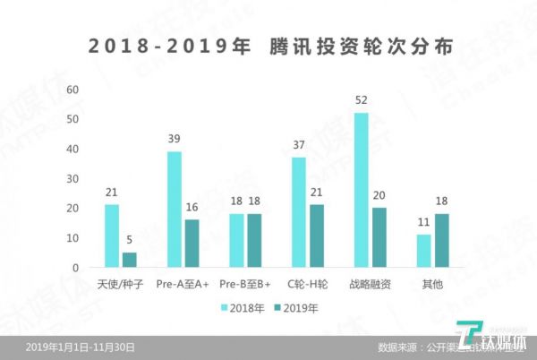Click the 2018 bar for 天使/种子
(x=112, y=236)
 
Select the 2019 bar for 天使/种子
(x=129, y=260)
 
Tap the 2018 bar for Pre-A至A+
(x=175, y=210)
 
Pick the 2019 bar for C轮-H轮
(x=316, y=236)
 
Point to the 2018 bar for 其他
(x=423, y=251)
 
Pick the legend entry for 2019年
(x=296, y=307)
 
